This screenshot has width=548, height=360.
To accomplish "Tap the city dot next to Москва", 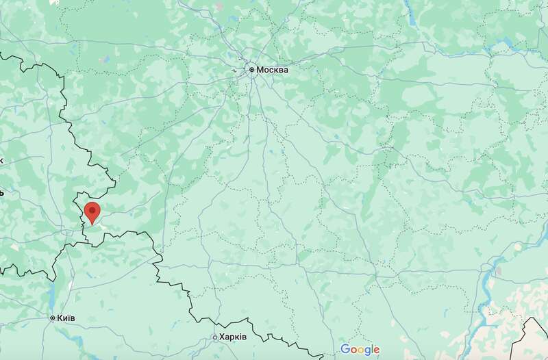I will pyautogui.click(x=252, y=70).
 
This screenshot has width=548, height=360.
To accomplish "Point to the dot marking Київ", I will pyautogui.click(x=53, y=318).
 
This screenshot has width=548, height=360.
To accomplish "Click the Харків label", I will pyautogui.click(x=232, y=337).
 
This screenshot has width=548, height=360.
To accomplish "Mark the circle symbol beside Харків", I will pyautogui.click(x=214, y=337).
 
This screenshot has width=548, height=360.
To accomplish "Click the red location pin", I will pyautogui.click(x=91, y=213).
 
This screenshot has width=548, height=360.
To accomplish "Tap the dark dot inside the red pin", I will pyautogui.click(x=91, y=209).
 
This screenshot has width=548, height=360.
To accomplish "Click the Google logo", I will pyautogui.click(x=360, y=350).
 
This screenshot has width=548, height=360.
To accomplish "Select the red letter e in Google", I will pyautogui.click(x=376, y=350).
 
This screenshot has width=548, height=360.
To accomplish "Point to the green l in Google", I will pyautogui.click(x=371, y=349).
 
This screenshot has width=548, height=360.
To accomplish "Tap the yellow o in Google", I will pyautogui.click(x=359, y=350).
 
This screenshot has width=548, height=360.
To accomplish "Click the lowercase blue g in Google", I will pyautogui.click(x=366, y=352).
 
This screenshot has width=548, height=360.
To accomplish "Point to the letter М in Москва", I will pyautogui.click(x=260, y=70).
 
